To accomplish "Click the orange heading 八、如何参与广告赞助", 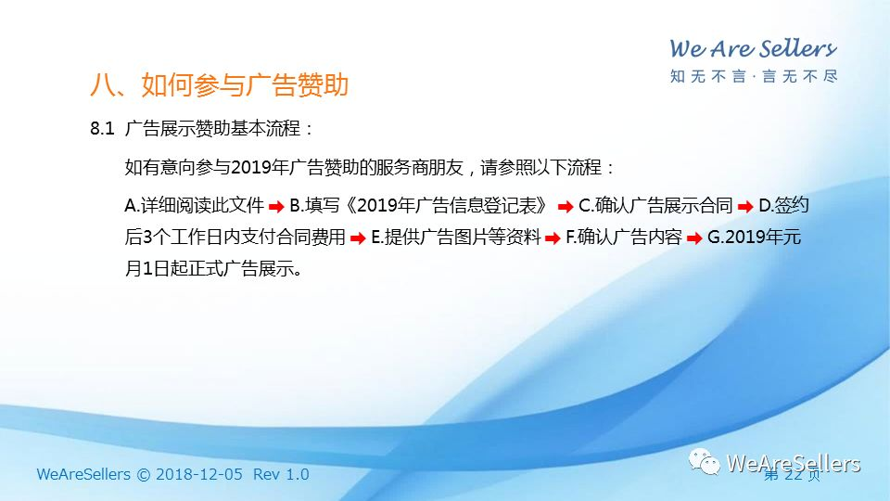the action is coord(219,85).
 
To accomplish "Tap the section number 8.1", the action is coord(102,128).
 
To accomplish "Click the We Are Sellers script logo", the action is coord(753,49).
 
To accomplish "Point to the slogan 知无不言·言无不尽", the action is coord(753,76).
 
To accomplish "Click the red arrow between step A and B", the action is coord(276,207).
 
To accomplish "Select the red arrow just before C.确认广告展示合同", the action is coord(566,207).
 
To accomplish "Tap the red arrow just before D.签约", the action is coord(745,207).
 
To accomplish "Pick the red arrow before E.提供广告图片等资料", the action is coord(358,238).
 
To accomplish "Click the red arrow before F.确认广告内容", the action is coord(553,238).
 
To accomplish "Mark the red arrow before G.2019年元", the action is coord(694,238).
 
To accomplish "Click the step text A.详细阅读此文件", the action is coord(194,205).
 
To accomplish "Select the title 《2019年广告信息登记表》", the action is coord(446,205).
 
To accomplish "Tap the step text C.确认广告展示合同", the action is coord(655,205).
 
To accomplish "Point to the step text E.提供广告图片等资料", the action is coord(456,237).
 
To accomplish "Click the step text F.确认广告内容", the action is coord(623,237).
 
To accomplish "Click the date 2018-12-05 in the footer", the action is coord(199,474).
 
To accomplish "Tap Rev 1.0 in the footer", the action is coord(281,474).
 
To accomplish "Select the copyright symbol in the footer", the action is coord(144,475).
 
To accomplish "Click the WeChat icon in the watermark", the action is coord(705,462).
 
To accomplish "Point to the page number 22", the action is coord(793,474).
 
